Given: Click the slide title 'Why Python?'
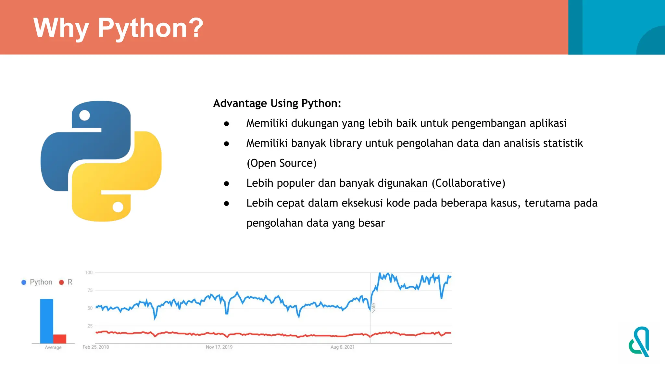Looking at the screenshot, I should click(x=118, y=28).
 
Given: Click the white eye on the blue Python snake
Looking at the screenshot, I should click(x=84, y=115).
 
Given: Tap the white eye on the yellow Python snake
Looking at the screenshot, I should click(x=118, y=207).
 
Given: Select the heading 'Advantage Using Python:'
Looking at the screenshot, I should click(x=277, y=103).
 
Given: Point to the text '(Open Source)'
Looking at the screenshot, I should click(x=282, y=163).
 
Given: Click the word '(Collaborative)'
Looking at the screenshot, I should click(x=468, y=183).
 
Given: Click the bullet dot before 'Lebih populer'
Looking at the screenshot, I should click(x=227, y=184).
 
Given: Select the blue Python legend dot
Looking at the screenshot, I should click(x=24, y=282).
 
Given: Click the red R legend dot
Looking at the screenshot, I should click(x=61, y=282).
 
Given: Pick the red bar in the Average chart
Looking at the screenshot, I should click(x=60, y=339).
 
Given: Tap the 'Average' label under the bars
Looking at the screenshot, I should click(x=53, y=347).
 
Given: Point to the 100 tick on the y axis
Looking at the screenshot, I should click(x=89, y=273).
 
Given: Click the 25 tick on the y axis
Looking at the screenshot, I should click(x=90, y=326).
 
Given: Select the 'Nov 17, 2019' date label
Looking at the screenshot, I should click(x=219, y=347).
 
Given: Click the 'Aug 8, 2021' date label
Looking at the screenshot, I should click(x=343, y=347).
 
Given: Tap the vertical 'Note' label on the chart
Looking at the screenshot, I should click(x=374, y=308).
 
